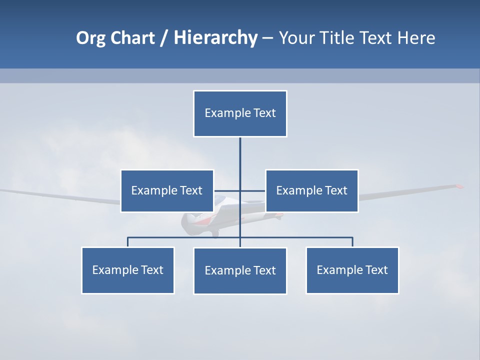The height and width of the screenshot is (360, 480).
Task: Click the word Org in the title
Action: point(91,38)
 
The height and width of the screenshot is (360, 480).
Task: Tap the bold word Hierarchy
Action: point(215,38)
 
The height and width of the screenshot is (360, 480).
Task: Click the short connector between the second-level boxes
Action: point(228,190)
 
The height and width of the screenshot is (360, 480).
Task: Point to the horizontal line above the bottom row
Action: point(185,237)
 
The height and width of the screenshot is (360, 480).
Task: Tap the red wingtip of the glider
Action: point(458,186)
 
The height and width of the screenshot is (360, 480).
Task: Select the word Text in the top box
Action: point(264,113)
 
